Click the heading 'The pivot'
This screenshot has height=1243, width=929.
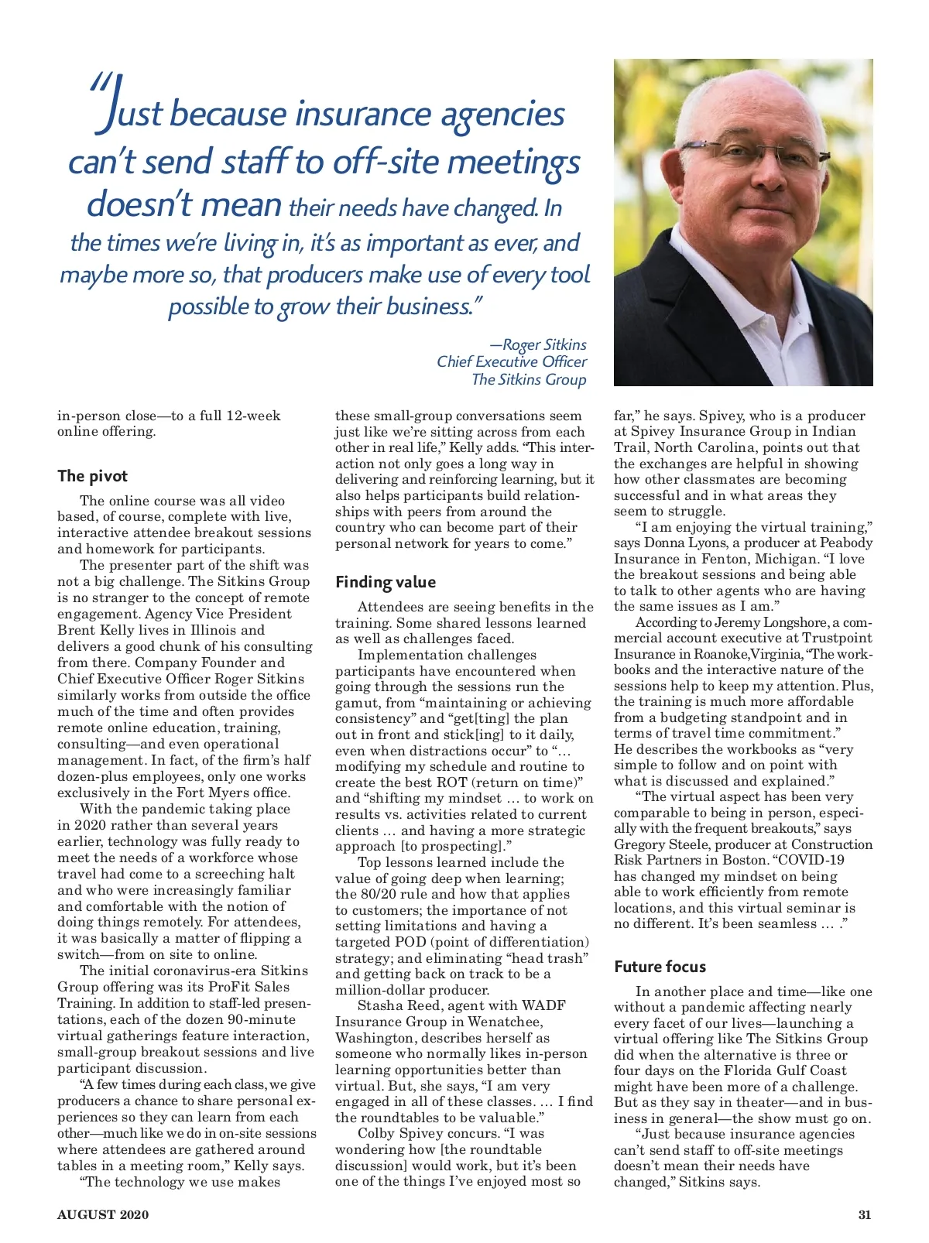(92, 476)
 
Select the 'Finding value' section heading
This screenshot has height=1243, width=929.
(386, 582)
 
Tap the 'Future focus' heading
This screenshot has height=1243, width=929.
(660, 966)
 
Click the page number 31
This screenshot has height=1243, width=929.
(865, 1214)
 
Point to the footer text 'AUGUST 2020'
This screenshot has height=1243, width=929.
(103, 1214)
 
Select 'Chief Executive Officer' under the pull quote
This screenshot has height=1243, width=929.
(512, 361)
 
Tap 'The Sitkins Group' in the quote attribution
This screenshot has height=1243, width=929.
(529, 379)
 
